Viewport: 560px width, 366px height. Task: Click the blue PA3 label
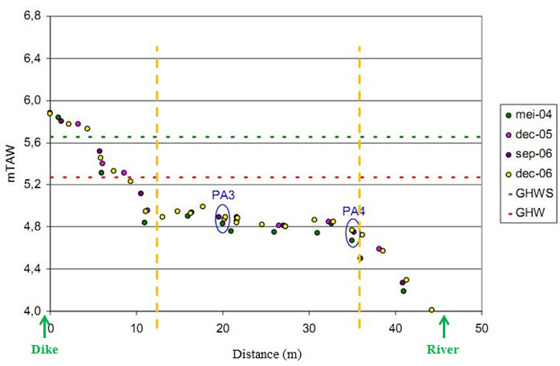click(224, 195)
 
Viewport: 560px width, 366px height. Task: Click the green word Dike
click(46, 349)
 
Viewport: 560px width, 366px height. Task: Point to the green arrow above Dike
click(44, 325)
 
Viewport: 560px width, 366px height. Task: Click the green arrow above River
click(444, 325)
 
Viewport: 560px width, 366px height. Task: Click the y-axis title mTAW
click(13, 163)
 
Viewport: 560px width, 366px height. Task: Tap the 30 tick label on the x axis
click(309, 327)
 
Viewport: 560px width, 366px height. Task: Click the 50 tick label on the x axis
click(481, 327)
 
